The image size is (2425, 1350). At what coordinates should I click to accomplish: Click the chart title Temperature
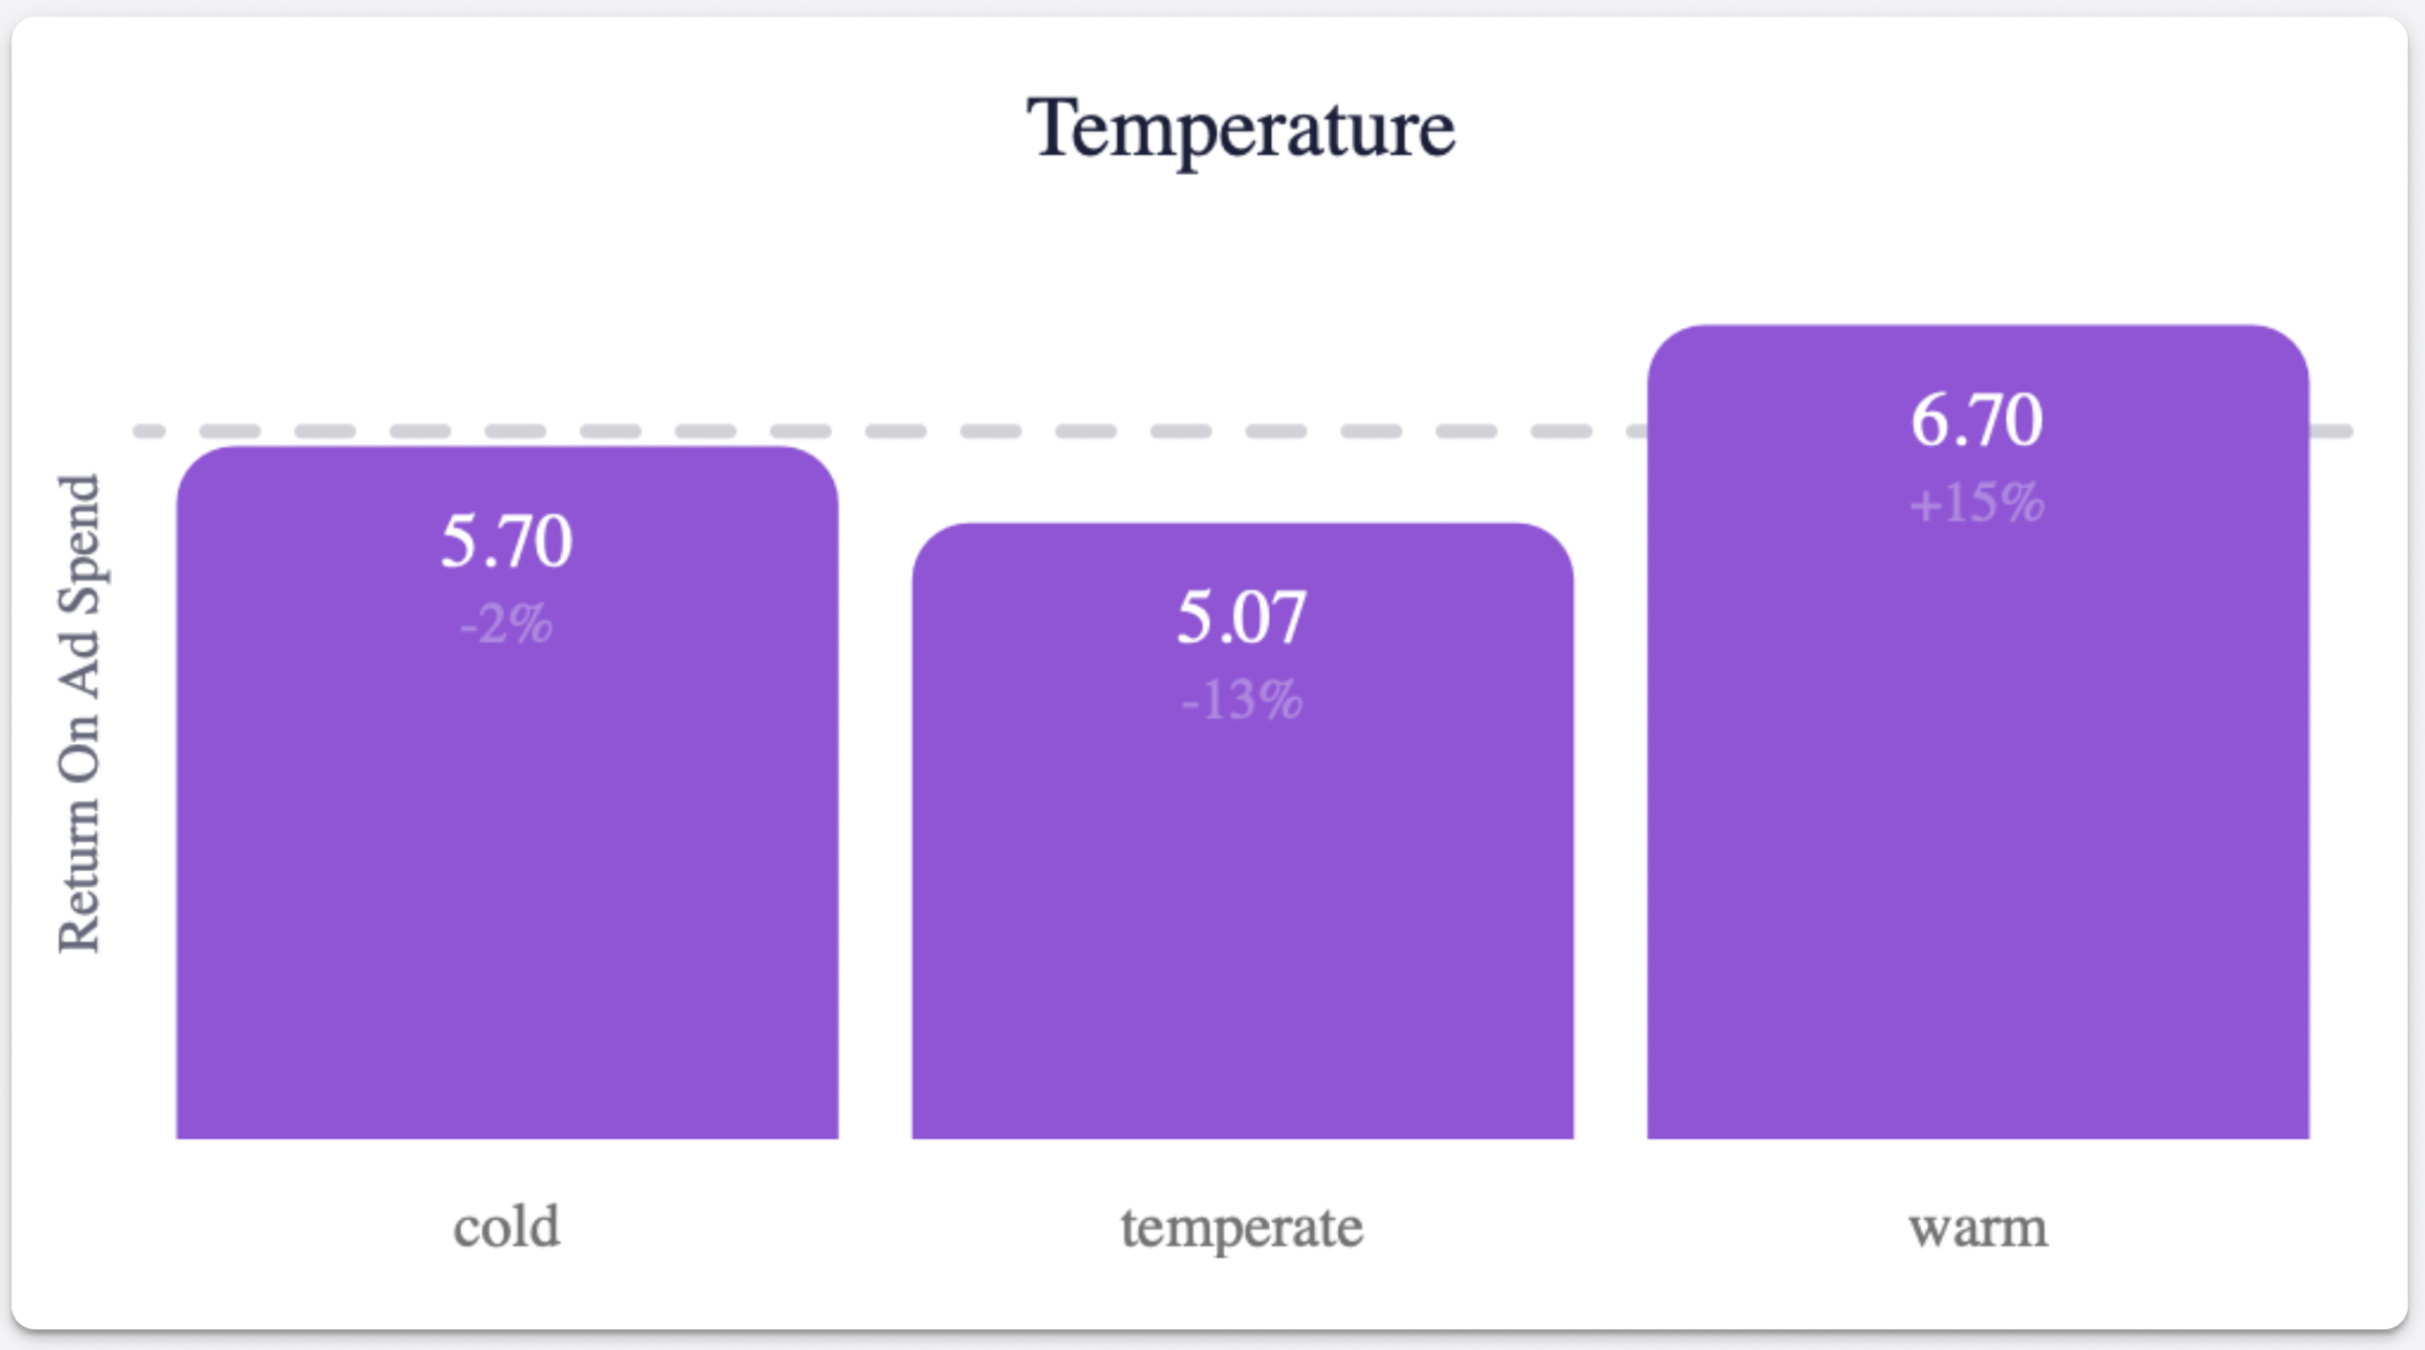1240,129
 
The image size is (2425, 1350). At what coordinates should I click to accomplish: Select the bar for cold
507,793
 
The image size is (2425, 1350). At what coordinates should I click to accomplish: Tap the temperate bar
1242,831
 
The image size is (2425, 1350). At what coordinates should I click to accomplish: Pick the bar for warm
1978,732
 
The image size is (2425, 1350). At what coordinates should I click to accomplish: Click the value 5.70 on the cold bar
507,541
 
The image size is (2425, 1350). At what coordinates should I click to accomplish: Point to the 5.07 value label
1242,617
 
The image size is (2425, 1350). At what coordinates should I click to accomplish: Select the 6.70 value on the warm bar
1978,420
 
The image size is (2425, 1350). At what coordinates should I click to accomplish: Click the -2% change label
507,624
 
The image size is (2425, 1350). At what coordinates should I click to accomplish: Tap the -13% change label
1242,700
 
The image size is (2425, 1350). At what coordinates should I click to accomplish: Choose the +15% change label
1978,503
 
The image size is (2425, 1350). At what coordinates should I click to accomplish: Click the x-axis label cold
507,1226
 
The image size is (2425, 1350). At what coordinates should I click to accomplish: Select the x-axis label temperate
1242,1228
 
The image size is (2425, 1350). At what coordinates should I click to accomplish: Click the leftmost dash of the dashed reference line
149,431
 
